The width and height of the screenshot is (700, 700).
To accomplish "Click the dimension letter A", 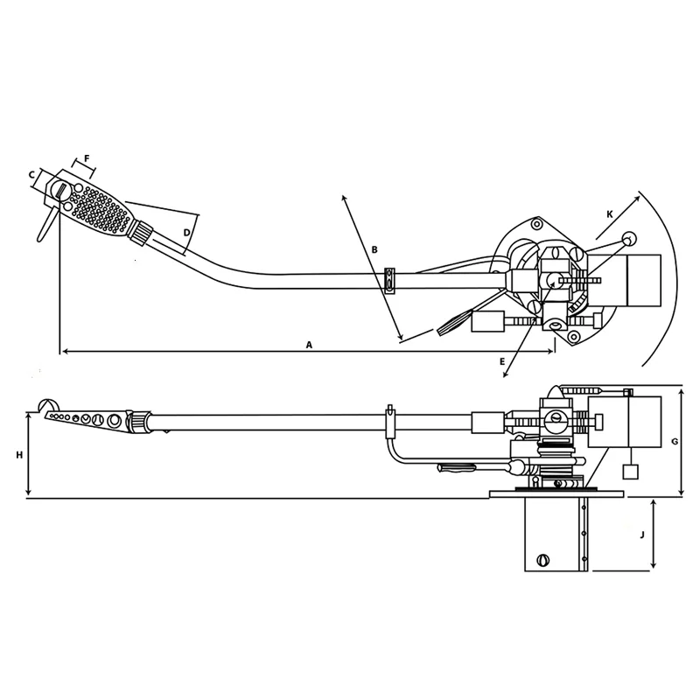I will coord(309,345).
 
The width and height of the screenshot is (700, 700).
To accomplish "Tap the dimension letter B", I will coord(374,250).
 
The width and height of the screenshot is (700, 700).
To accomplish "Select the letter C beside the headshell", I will coord(31,175).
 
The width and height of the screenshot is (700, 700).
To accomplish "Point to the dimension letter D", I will coord(185,232).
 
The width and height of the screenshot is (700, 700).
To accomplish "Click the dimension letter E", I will coord(501,360).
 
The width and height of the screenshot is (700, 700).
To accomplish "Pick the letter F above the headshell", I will coord(87,160).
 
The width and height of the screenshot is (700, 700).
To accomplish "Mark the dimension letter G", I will coord(674,442).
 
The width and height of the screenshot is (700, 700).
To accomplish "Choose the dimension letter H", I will coord(19,455).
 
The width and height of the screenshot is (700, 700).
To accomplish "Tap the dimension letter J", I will coord(642,533).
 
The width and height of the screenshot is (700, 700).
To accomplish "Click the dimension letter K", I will coord(609,213).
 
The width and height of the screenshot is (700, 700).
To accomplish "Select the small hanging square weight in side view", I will coord(629,472).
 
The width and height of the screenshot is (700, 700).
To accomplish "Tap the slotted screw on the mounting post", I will coord(543,560).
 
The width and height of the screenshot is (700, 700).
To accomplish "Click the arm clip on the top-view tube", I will coord(389,281).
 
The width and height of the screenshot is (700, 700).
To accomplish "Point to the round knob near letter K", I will coord(629,239).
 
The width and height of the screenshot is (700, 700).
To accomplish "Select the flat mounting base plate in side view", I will coord(556,494).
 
